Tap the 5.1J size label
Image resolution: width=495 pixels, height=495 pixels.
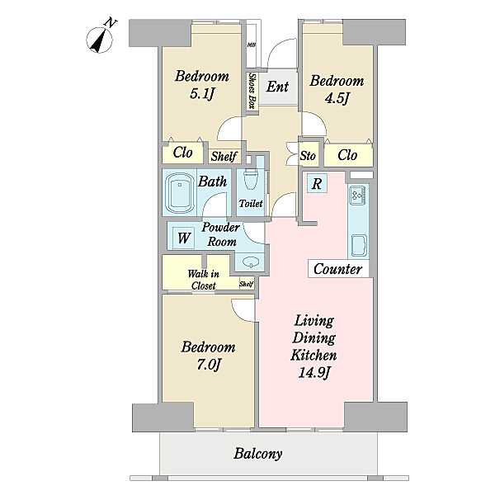(x=202, y=93)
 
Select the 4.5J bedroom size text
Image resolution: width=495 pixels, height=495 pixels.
(x=337, y=98)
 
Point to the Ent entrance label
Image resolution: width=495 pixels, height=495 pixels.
(x=277, y=87)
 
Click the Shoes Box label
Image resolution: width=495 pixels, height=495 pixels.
(x=252, y=91)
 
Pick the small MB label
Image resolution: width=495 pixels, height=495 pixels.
(x=252, y=45)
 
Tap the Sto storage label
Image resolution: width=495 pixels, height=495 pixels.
(x=308, y=156)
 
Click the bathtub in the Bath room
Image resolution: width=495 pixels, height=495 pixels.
(x=179, y=193)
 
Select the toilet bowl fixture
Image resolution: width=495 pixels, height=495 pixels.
(x=251, y=179)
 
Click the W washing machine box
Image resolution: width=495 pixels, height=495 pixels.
(x=183, y=238)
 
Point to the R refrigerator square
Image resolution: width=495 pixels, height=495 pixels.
(x=317, y=183)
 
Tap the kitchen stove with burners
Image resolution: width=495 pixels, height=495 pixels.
(x=358, y=194)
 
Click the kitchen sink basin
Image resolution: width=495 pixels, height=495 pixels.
(x=359, y=246)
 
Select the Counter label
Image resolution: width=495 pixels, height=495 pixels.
(x=337, y=269)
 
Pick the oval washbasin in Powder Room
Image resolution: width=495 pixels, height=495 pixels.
(x=251, y=262)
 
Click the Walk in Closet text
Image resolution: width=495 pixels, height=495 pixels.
(x=203, y=280)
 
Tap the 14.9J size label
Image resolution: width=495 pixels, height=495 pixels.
(x=313, y=373)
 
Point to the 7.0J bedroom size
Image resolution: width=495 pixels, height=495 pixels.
(x=208, y=365)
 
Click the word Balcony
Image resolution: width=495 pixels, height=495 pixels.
(x=258, y=455)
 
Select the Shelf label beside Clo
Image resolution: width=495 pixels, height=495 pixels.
(x=224, y=156)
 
